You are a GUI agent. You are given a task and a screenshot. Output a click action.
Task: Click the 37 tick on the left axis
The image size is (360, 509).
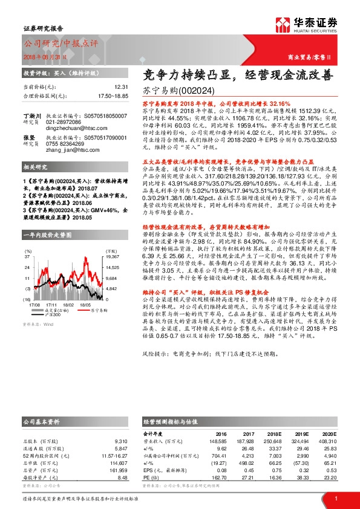(28, 223)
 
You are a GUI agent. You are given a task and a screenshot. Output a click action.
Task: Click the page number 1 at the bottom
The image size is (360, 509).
(335, 498)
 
